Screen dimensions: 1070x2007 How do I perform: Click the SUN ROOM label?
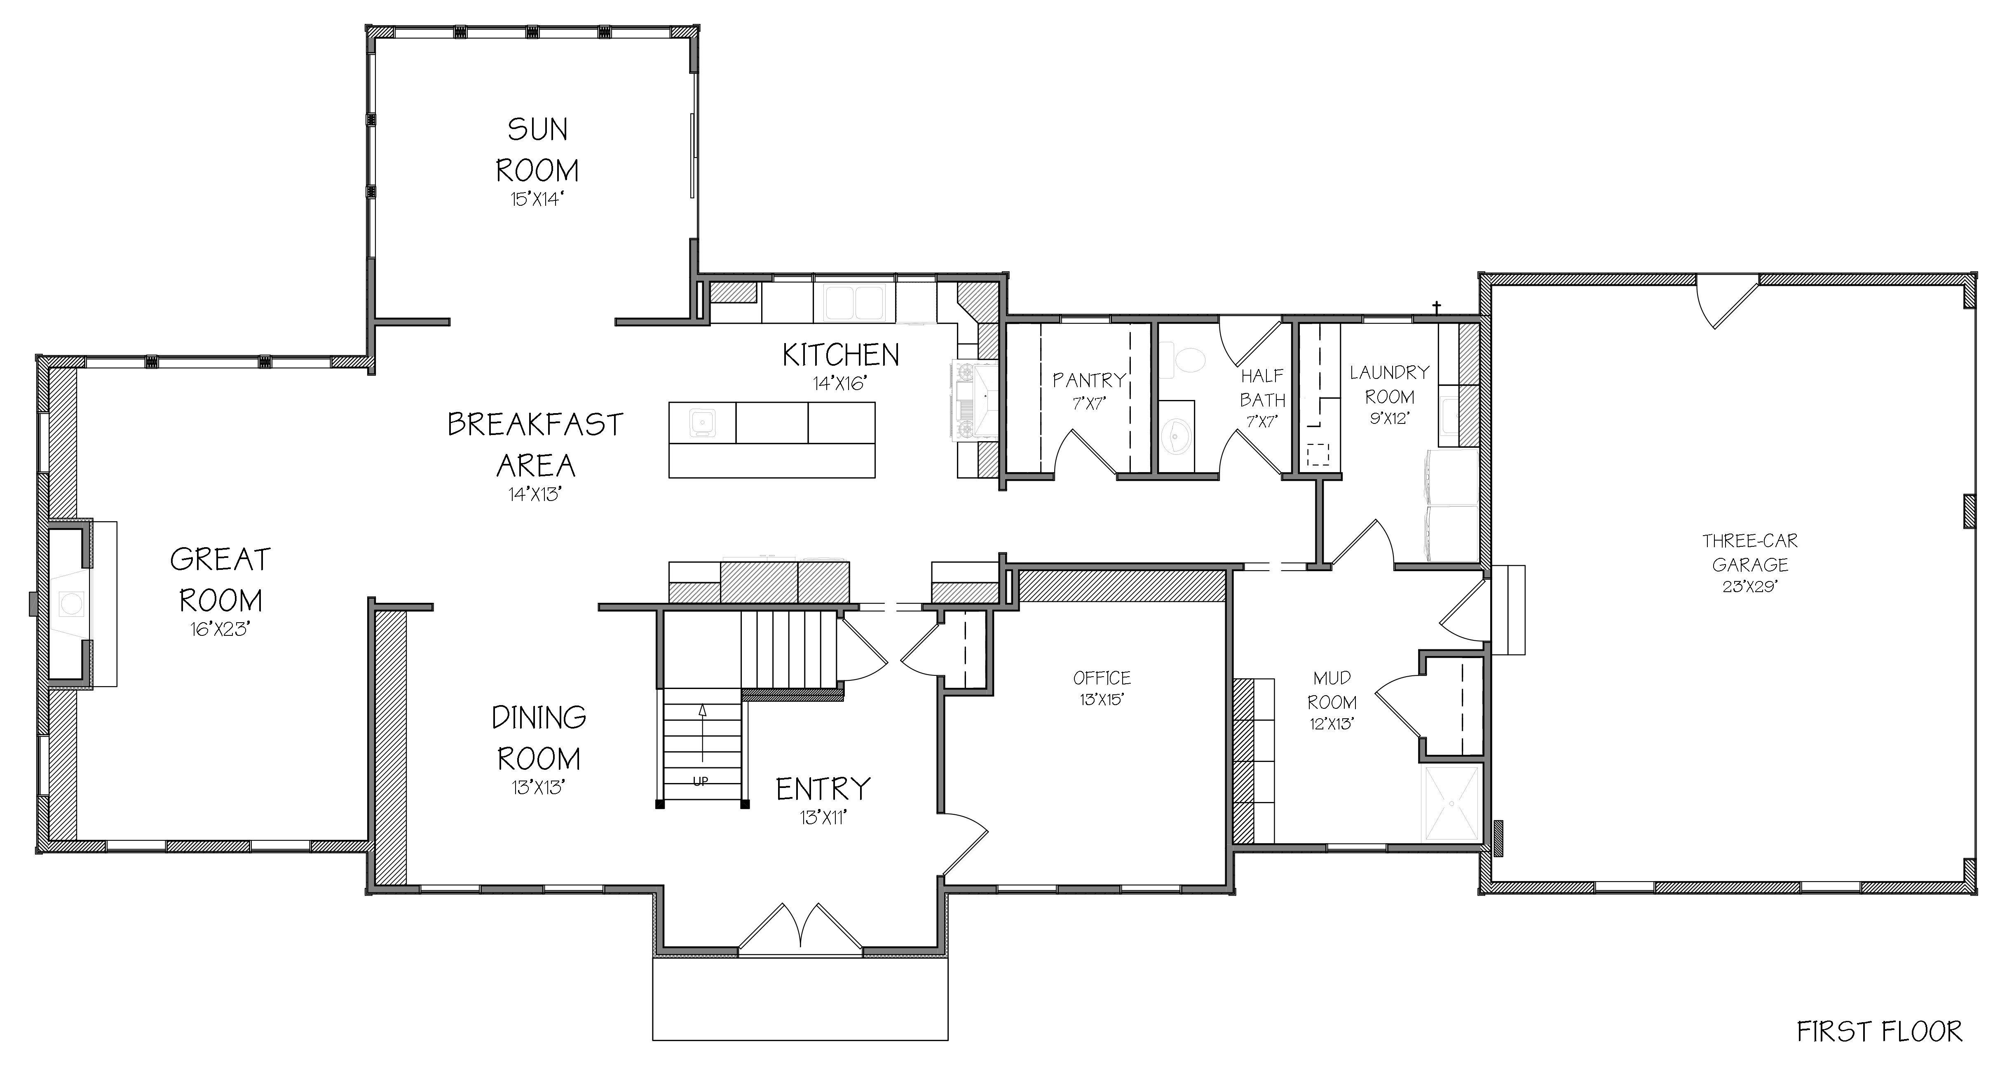point(537,150)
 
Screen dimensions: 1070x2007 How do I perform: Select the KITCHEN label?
point(841,355)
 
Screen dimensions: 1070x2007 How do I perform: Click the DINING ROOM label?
point(538,737)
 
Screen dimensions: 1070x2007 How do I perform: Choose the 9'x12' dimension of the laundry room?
point(1389,419)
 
